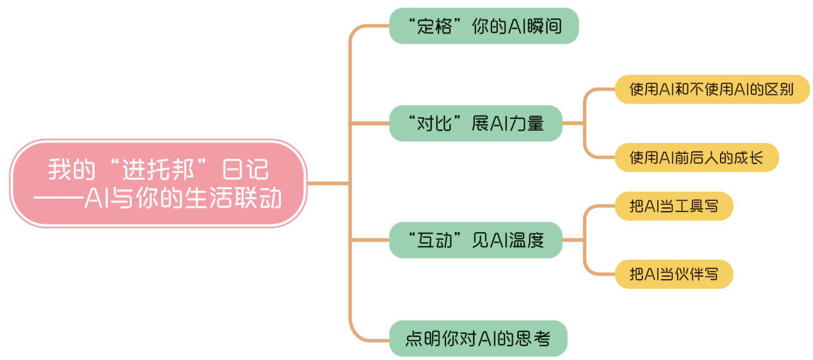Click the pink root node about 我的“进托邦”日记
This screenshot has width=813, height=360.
(158, 183)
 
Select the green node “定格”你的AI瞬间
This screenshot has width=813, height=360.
(483, 26)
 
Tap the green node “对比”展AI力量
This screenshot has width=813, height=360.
(475, 123)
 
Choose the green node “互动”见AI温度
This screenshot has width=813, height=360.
(475, 240)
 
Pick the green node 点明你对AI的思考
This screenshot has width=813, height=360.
(478, 338)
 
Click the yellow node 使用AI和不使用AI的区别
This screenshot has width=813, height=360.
(712, 90)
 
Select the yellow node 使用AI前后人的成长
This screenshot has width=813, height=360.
(696, 158)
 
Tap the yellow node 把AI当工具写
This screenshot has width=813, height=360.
(673, 206)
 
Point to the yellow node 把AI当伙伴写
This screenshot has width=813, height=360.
(673, 274)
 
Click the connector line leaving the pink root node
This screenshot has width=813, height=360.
(327, 183)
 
